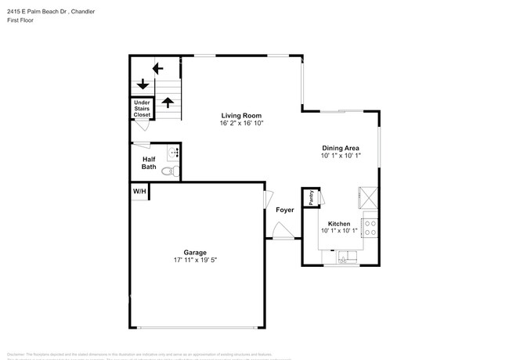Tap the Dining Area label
pos(341,147)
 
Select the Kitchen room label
pos(339,223)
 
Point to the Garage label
pos(195,252)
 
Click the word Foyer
pos(284,210)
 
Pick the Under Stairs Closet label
pos(142,109)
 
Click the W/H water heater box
pos(139,191)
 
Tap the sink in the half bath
pos(174,153)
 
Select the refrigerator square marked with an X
pos(367,196)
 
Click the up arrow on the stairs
pos(167,102)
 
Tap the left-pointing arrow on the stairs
pos(157,68)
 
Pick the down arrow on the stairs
pos(143,84)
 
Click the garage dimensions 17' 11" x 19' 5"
pos(195,261)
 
